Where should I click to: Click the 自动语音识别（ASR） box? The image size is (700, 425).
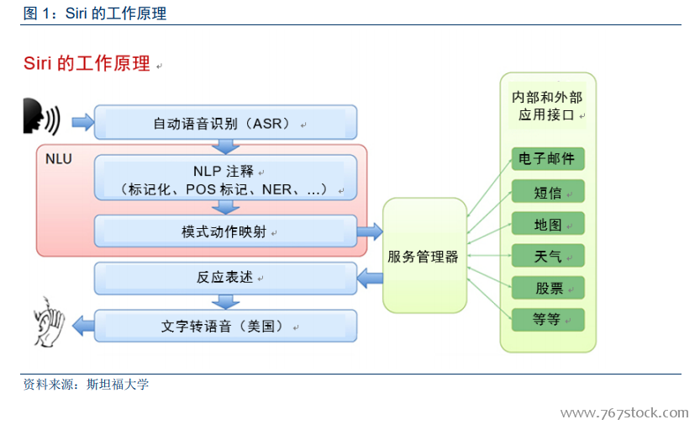[x=225, y=122]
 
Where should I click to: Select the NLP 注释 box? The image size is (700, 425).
[x=225, y=178]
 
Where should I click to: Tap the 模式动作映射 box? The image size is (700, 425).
[x=225, y=231]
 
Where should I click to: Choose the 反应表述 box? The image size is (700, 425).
[x=225, y=278]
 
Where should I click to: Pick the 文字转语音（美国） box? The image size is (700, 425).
[x=225, y=326]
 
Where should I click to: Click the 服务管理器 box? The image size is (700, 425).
[x=424, y=255]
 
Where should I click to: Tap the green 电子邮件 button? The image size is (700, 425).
[x=548, y=159]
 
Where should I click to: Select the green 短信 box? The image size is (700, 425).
[x=548, y=191]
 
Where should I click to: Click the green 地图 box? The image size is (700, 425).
[x=548, y=224]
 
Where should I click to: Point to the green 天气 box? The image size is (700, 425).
[x=548, y=256]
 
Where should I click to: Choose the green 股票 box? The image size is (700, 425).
[x=548, y=288]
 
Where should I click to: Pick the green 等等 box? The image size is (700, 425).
[x=548, y=320]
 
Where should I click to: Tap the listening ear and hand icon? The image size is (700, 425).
[x=49, y=321]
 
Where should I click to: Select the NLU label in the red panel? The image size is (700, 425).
[x=59, y=159]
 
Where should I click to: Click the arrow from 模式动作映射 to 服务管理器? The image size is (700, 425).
[x=370, y=231]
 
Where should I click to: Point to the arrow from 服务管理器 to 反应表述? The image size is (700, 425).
[x=370, y=278]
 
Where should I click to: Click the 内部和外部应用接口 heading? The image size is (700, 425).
[x=547, y=106]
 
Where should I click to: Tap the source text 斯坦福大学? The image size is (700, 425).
[x=118, y=385]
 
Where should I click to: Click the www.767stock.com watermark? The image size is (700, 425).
[x=624, y=412]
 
